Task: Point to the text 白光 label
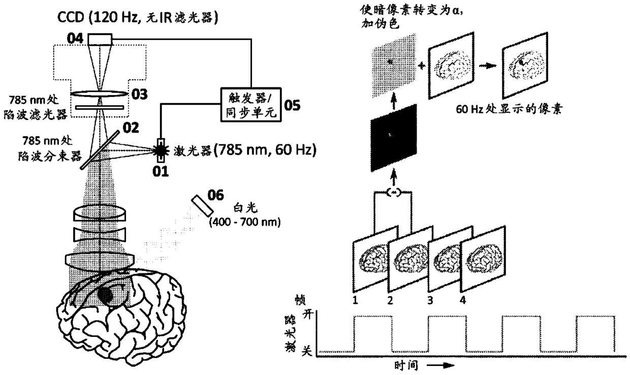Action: click(239, 209)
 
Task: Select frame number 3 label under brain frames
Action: click(430, 300)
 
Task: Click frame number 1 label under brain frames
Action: click(356, 300)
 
